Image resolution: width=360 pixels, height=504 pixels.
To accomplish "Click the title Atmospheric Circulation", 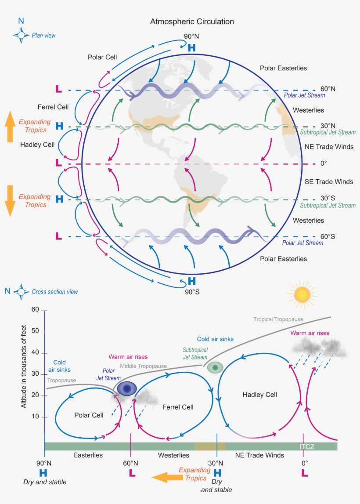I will [192, 22].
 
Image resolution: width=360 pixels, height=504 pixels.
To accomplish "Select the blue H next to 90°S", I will [192, 281].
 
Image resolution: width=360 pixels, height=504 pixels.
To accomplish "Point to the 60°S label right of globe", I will [328, 236].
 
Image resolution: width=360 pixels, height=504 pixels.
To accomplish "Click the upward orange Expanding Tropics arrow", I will [10, 127].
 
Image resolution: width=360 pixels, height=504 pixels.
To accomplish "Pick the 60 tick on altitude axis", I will [35, 311].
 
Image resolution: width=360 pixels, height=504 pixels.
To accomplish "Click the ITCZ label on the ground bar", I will [306, 446].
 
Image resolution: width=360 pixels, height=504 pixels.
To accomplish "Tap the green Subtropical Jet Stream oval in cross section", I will [216, 367].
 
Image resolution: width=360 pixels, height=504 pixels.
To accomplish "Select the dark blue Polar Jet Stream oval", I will [127, 388].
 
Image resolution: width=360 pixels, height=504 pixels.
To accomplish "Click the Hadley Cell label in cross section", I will [260, 395].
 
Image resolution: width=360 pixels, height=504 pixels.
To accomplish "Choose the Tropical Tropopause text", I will [278, 319].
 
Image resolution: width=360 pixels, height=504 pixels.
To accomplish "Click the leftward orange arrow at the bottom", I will [164, 477].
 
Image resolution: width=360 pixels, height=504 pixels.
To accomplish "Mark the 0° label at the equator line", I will [324, 163].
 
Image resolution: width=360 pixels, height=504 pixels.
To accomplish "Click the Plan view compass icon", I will [21, 35].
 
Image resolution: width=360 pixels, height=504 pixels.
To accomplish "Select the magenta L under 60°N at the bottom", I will [131, 473].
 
